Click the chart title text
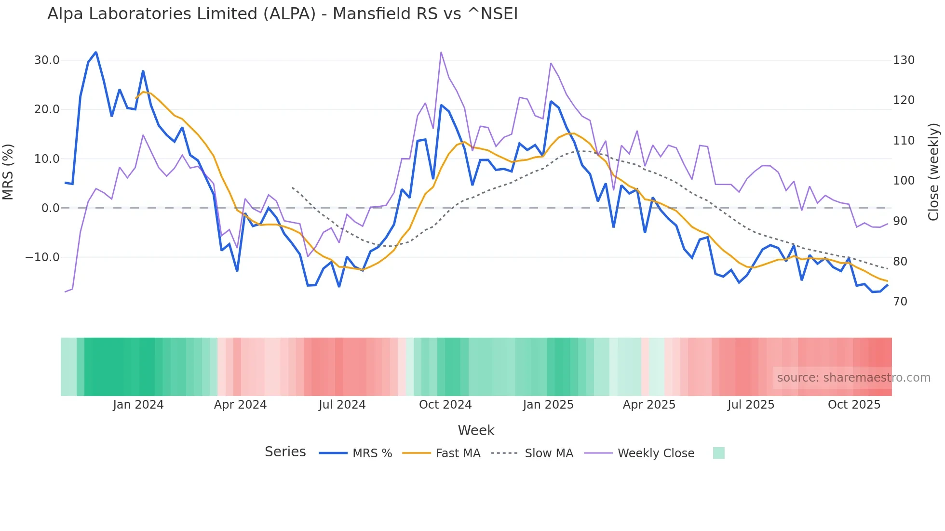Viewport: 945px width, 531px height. point(283,14)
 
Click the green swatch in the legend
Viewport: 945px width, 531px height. point(718,453)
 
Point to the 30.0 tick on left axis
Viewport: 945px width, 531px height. point(47,60)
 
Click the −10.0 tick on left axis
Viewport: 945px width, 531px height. point(42,257)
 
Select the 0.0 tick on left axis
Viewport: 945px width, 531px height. point(50,208)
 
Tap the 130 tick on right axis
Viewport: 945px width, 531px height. point(904,60)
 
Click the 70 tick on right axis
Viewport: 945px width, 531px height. point(900,302)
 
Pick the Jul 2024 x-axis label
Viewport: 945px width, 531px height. point(342,405)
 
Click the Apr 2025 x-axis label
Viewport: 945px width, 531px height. point(649,405)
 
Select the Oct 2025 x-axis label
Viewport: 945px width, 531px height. point(854,405)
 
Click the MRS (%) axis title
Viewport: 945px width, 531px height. point(8,172)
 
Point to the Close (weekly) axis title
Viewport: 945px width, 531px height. point(933,172)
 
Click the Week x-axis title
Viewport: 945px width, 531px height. point(476,430)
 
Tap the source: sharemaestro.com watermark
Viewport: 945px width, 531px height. point(853,378)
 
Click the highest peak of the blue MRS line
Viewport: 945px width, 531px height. point(96,52)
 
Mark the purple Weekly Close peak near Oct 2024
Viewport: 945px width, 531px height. point(441,52)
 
